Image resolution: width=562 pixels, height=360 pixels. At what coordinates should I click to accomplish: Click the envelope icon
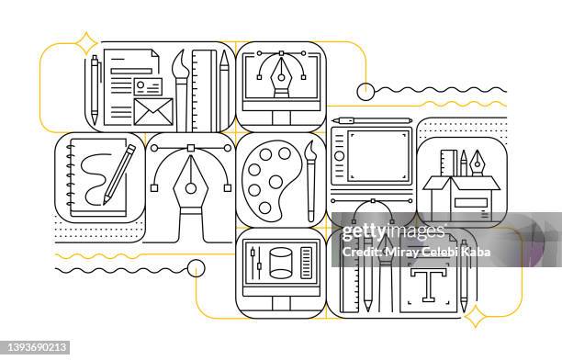point(152,111)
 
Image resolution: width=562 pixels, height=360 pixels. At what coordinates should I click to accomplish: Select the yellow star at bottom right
point(477,318)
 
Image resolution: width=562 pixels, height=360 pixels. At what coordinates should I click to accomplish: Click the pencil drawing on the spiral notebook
point(118,173)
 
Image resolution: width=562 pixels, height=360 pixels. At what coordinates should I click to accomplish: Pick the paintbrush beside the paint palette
point(310,179)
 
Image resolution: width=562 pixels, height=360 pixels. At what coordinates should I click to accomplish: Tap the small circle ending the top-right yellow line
point(365,91)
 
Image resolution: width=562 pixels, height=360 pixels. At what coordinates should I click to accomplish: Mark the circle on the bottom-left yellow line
point(196,268)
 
